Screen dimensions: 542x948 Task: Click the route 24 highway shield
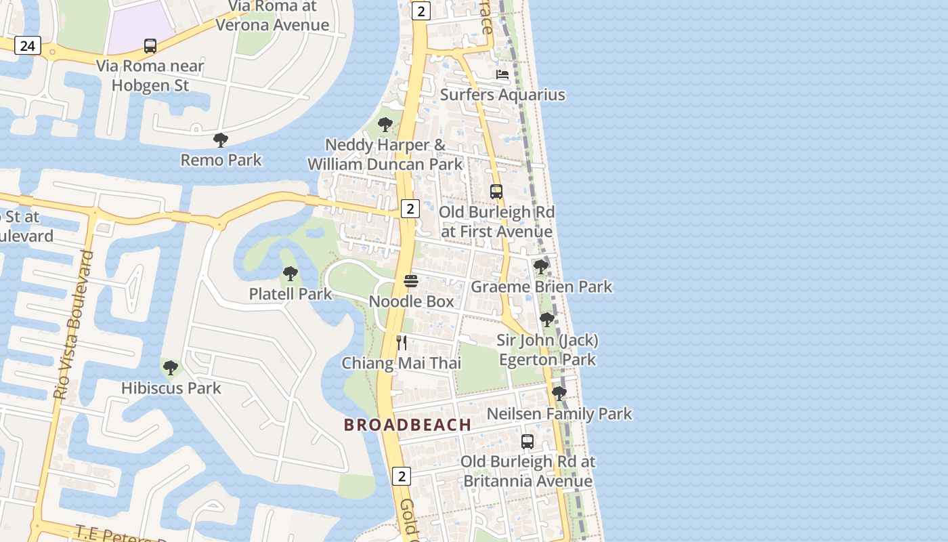click(27, 45)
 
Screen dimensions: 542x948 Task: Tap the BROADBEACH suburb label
click(408, 425)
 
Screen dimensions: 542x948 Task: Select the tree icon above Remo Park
click(220, 140)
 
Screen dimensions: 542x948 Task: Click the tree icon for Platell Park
click(290, 274)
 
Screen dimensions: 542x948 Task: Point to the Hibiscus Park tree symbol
click(171, 368)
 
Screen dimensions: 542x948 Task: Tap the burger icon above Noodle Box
click(411, 281)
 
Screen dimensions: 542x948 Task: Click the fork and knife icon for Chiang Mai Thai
click(402, 343)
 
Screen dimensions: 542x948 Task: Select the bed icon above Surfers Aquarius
click(502, 75)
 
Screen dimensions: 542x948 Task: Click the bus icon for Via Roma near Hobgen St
click(150, 46)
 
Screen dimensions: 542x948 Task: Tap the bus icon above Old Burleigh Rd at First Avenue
click(496, 192)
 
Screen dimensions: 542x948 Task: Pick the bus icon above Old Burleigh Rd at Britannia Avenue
click(527, 442)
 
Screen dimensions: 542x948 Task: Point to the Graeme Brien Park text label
click(541, 287)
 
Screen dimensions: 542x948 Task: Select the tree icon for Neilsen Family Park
click(559, 393)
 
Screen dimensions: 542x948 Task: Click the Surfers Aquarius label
click(502, 94)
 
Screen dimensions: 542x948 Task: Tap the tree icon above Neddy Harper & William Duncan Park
click(385, 125)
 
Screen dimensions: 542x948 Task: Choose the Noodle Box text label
click(412, 301)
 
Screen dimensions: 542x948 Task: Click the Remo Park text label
click(221, 160)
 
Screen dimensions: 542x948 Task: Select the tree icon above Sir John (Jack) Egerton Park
click(547, 320)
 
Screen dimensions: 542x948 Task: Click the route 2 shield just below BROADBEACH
click(402, 476)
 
